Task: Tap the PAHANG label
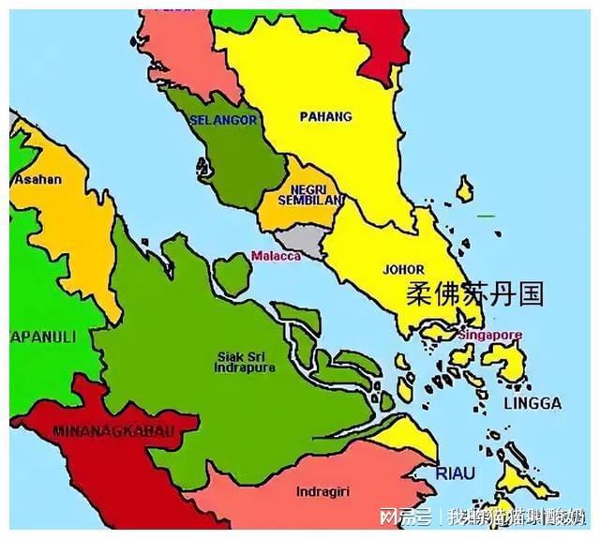(325, 116)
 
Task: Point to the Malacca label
(276, 255)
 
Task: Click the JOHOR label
(404, 269)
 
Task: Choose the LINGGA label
(532, 403)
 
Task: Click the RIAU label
(455, 473)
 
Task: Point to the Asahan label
(38, 179)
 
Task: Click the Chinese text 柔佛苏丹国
(474, 294)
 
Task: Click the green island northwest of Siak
(232, 273)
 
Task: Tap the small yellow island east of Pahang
(465, 189)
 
